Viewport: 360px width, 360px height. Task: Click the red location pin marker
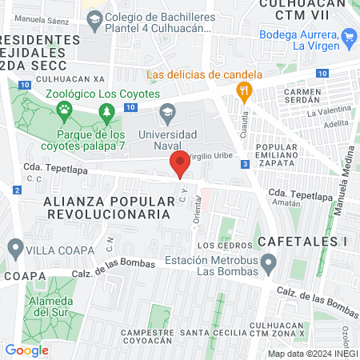click(180, 164)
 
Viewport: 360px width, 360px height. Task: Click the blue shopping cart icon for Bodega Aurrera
click(348, 36)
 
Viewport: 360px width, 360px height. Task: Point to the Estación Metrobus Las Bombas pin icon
click(270, 262)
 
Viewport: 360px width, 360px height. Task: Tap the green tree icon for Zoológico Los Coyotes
click(105, 110)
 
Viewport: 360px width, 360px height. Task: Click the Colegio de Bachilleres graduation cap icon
click(94, 18)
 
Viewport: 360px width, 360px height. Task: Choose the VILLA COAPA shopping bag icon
click(13, 246)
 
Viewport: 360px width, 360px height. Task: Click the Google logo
click(27, 350)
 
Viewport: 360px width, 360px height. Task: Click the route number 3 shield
click(245, 164)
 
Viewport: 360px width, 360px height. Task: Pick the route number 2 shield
click(17, 190)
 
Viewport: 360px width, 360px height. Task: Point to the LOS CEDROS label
click(218, 246)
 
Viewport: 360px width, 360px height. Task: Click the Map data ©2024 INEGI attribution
click(312, 353)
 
